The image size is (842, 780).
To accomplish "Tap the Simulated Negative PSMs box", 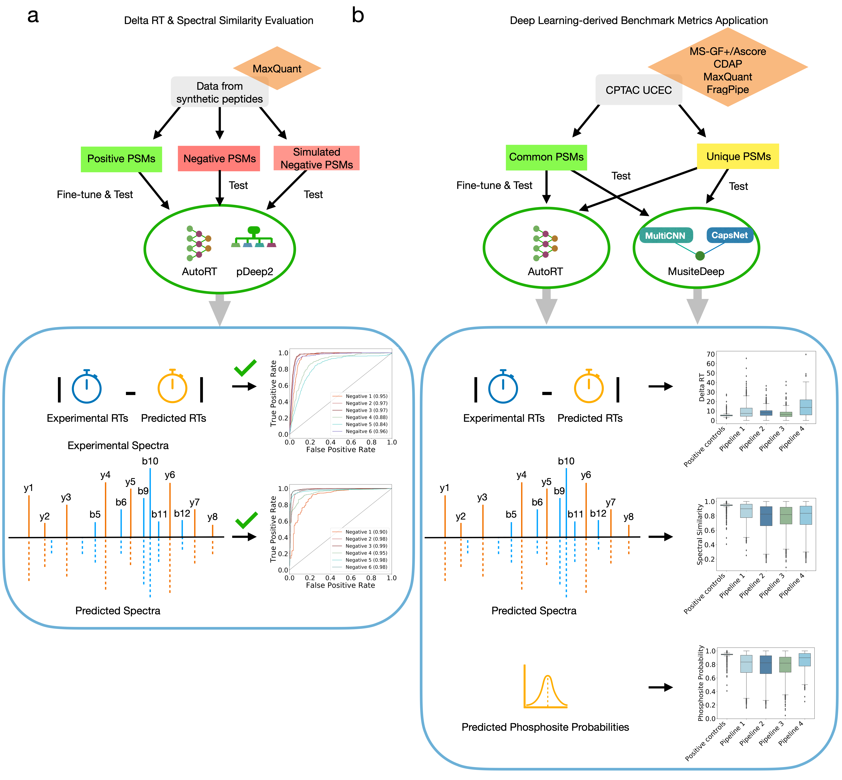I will click(x=316, y=158).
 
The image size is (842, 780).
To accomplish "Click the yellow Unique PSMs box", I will click(x=738, y=157).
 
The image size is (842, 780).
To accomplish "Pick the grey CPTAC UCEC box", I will click(x=638, y=90).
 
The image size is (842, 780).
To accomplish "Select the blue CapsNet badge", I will click(x=729, y=235).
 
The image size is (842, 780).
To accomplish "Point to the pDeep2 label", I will click(x=254, y=271).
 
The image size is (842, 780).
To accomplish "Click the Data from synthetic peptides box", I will click(x=219, y=92).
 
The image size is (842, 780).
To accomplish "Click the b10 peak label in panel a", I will click(x=150, y=461).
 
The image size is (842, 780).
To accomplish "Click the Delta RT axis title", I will click(x=701, y=387).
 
